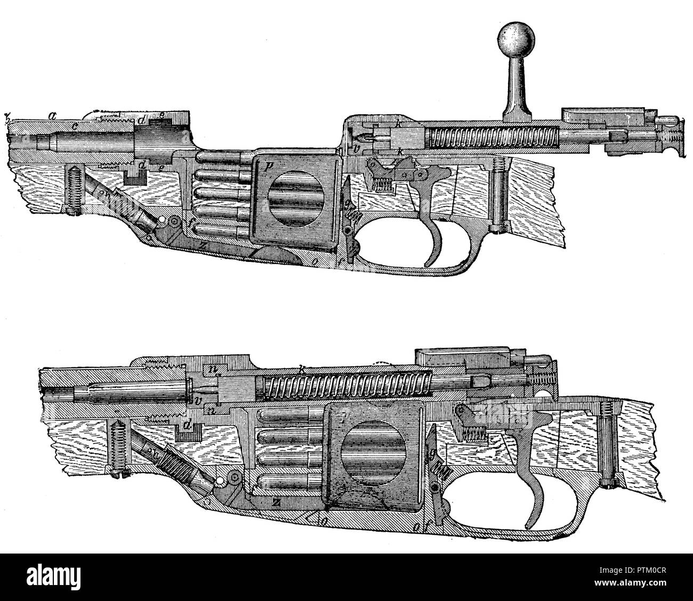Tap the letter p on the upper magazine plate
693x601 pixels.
tap(269, 165)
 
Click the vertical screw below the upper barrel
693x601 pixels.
tap(72, 189)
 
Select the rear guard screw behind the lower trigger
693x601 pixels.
tap(607, 453)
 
